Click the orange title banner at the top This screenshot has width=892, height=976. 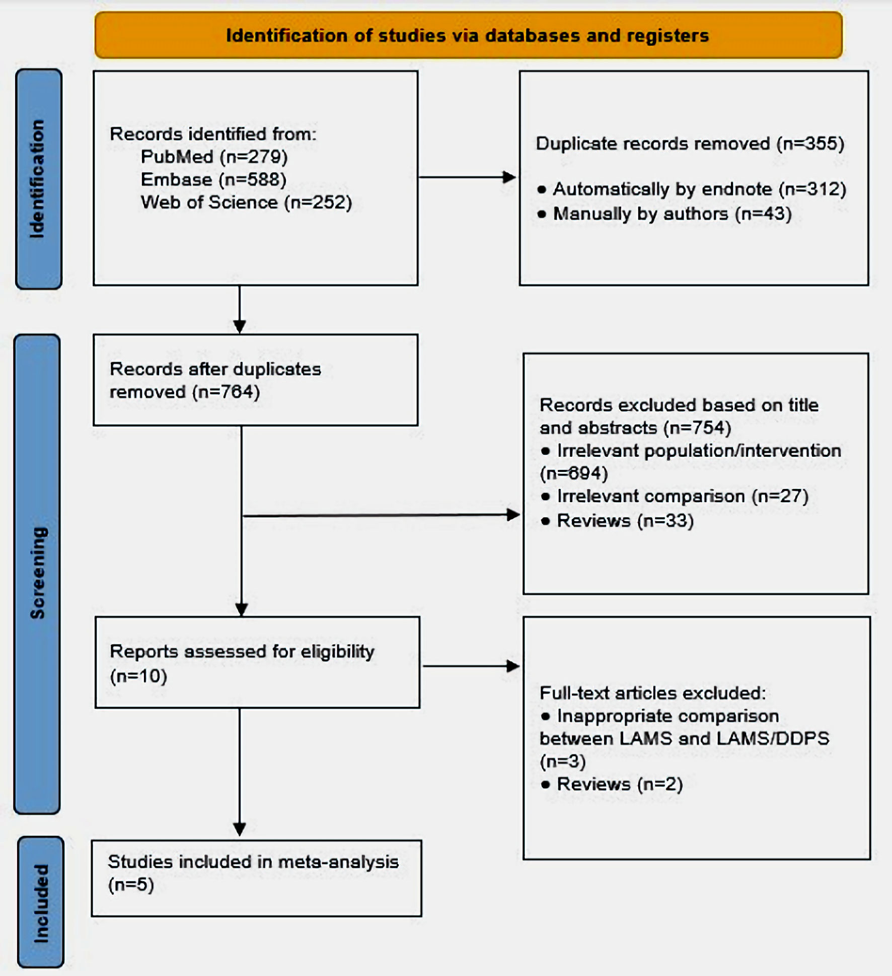tap(468, 35)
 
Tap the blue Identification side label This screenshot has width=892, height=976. tap(39, 179)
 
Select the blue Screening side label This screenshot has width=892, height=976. tap(37, 574)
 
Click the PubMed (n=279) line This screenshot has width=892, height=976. tap(214, 157)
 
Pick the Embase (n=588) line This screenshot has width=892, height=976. tap(213, 180)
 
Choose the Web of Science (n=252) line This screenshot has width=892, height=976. tap(246, 202)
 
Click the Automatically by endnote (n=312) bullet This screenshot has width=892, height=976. tap(692, 189)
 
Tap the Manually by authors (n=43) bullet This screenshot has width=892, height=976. tap(664, 214)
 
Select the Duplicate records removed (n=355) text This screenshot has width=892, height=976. tap(690, 144)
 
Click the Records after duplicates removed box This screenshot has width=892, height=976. tap(256, 380)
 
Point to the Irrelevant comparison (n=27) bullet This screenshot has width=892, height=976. tap(675, 497)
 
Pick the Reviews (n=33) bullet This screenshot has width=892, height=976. tap(617, 521)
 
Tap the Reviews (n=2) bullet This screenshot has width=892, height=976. tap(612, 785)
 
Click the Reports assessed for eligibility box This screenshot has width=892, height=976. tap(257, 663)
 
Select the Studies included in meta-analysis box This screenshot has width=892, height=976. tap(257, 878)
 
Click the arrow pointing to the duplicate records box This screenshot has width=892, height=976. tap(467, 177)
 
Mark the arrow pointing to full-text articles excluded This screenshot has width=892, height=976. tap(471, 666)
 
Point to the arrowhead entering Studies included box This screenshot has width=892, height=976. tap(240, 829)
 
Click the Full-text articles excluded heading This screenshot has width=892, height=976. tap(653, 693)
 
